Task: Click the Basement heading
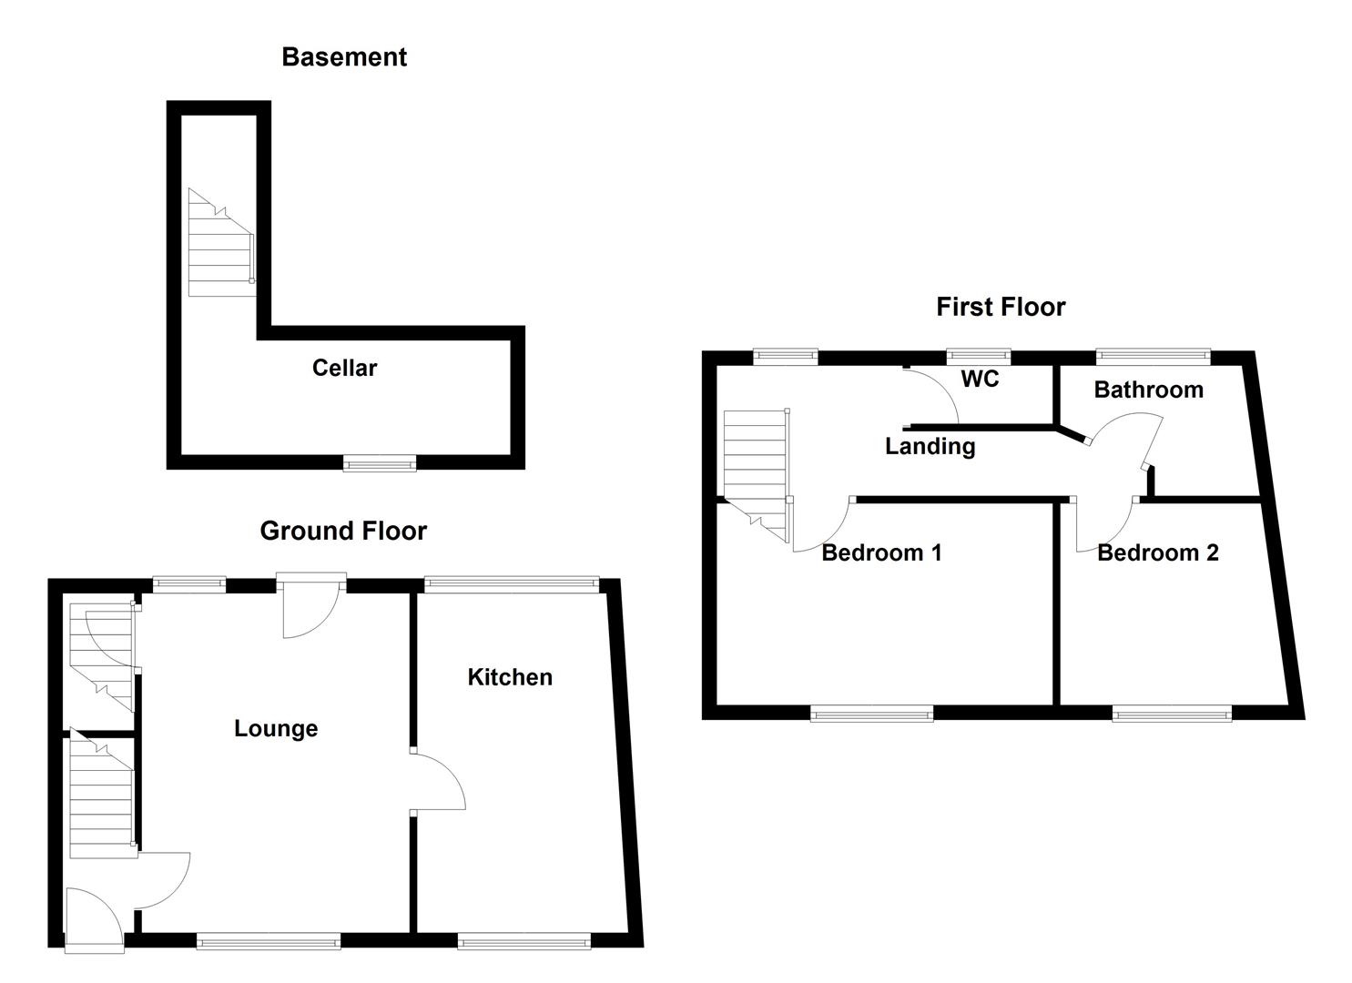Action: pyautogui.click(x=343, y=57)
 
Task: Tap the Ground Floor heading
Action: pyautogui.click(x=343, y=531)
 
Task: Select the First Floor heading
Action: pyautogui.click(x=1001, y=307)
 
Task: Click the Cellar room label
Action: pyautogui.click(x=344, y=368)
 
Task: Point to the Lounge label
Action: pyautogui.click(x=276, y=728)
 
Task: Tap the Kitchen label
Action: pyautogui.click(x=510, y=677)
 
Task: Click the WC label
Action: pyautogui.click(x=980, y=379)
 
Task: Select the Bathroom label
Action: pyautogui.click(x=1148, y=390)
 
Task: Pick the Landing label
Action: pyautogui.click(x=930, y=446)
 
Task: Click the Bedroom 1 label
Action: pyautogui.click(x=881, y=552)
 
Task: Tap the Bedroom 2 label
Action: pyautogui.click(x=1157, y=552)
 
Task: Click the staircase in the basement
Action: pyautogui.click(x=219, y=244)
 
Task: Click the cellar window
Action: pyautogui.click(x=380, y=464)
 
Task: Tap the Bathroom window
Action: pyautogui.click(x=1153, y=357)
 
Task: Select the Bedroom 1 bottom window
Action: pyautogui.click(x=872, y=714)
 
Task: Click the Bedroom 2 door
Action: pyautogui.click(x=1103, y=528)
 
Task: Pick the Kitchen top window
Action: pyautogui.click(x=512, y=584)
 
